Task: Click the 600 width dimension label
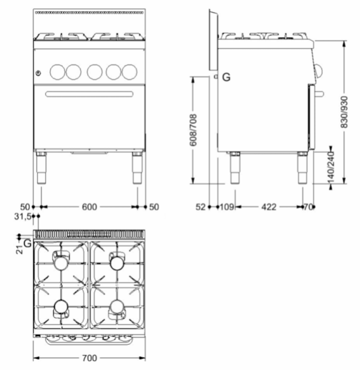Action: pos(89,207)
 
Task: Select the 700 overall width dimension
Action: pos(89,358)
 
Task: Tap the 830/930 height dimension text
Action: pos(344,112)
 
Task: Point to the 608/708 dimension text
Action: pos(193,130)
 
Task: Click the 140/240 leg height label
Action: pos(331,168)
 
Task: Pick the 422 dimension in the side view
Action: pos(269,207)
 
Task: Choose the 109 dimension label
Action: pos(227,207)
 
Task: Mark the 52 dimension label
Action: pos(201,207)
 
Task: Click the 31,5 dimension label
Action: pos(23,217)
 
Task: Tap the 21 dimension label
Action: pos(20,250)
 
